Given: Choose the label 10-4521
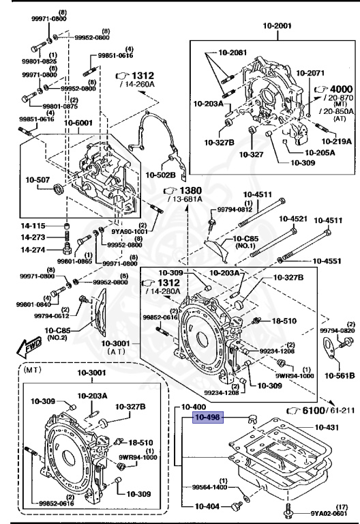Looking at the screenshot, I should tap(291, 220).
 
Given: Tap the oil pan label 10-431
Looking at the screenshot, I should tap(330, 427).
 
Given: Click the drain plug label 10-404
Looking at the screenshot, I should tap(207, 506).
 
